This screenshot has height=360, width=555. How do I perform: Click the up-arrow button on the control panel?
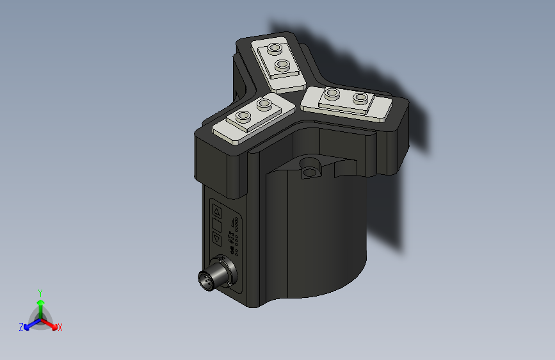[x=216, y=211]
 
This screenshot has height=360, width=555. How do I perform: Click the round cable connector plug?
[x=211, y=279]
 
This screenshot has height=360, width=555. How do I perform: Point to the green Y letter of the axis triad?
[x=40, y=291]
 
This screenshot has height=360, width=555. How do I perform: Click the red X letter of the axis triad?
[x=60, y=328]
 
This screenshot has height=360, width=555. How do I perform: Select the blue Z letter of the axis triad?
[x=21, y=327]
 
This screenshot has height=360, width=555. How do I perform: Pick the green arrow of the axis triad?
[x=40, y=304]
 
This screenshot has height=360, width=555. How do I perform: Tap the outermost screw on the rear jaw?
[x=275, y=49]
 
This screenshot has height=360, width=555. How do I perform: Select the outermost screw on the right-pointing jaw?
[x=362, y=98]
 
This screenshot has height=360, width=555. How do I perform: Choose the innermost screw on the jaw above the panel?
[x=264, y=103]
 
